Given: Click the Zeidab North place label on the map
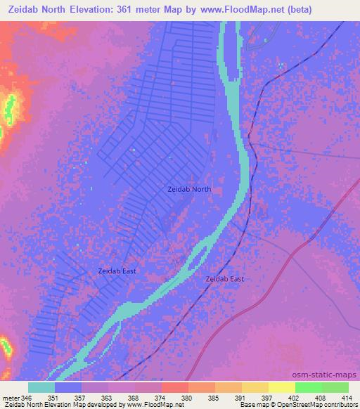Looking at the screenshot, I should coord(189,189).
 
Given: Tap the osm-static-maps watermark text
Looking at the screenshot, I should coord(330,374).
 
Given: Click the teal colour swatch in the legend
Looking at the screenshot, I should coord(41,387).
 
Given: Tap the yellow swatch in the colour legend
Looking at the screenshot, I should coord(281,387).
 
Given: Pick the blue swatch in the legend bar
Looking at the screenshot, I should coord(68,387).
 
